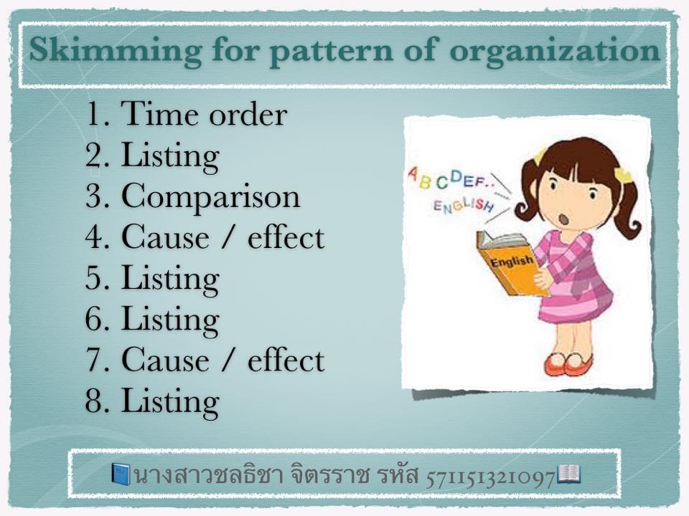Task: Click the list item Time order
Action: [x=205, y=114]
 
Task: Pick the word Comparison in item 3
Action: [x=210, y=196]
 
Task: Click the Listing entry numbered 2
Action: [x=170, y=156]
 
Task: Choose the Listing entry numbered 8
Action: [x=170, y=401]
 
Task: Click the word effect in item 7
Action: [x=286, y=360]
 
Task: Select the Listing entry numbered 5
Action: [x=170, y=279]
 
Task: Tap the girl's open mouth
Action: [x=563, y=218]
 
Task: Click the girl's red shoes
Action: [x=568, y=363]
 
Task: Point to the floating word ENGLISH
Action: [x=464, y=206]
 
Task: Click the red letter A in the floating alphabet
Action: [x=413, y=174]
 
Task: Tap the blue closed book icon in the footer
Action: [x=121, y=474]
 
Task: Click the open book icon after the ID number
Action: [x=569, y=474]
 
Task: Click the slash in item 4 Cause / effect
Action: [x=228, y=237]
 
